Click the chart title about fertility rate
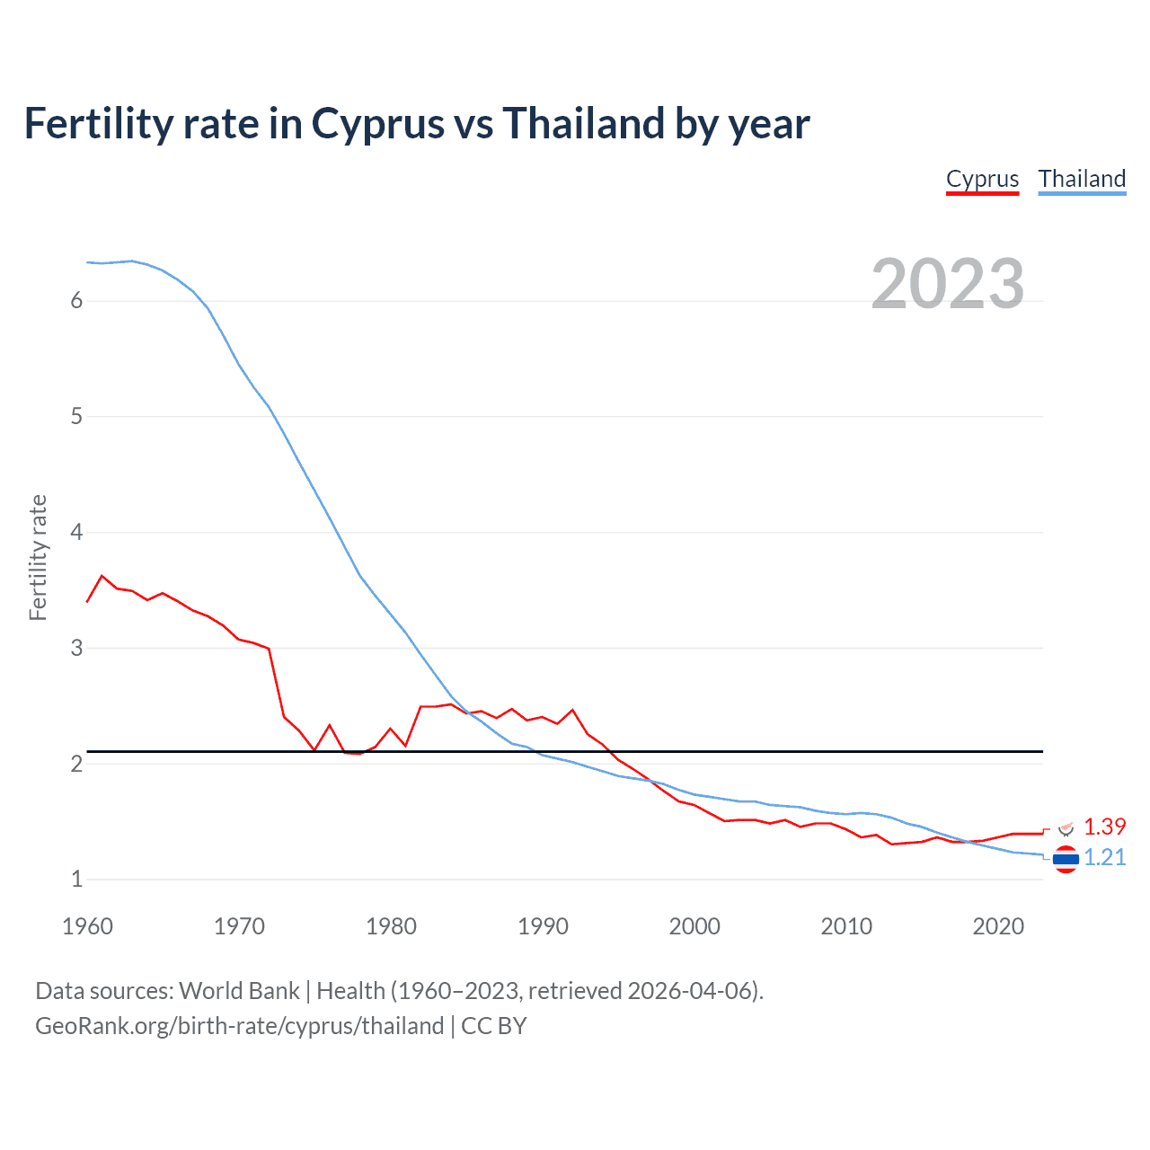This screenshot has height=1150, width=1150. tap(417, 123)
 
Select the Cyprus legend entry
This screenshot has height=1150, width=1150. tap(982, 179)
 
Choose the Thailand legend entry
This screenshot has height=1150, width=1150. tap(1082, 179)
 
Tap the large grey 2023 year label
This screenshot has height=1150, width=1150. tap(947, 284)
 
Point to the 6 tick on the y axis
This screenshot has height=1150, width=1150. tap(76, 300)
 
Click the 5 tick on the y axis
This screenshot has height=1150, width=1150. tap(76, 416)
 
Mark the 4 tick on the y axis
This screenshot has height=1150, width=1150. tap(76, 532)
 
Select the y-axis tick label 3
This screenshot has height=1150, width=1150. tap(76, 648)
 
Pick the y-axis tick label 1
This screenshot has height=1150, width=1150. tap(76, 880)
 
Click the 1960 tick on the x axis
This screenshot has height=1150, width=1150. tap(87, 926)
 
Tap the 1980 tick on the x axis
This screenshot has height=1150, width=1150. tap(391, 926)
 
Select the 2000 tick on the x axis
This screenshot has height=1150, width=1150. tap(694, 926)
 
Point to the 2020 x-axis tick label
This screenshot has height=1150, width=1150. tap(998, 926)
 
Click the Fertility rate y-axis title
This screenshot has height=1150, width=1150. tap(38, 557)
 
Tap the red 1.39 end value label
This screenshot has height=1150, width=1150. tap(1104, 827)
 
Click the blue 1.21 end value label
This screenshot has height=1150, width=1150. tap(1104, 857)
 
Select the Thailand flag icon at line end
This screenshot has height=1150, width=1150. tap(1066, 860)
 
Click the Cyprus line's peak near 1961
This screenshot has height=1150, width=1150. tap(102, 575)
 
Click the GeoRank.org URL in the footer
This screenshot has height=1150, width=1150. tap(239, 1026)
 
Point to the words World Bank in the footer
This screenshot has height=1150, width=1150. tap(239, 991)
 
